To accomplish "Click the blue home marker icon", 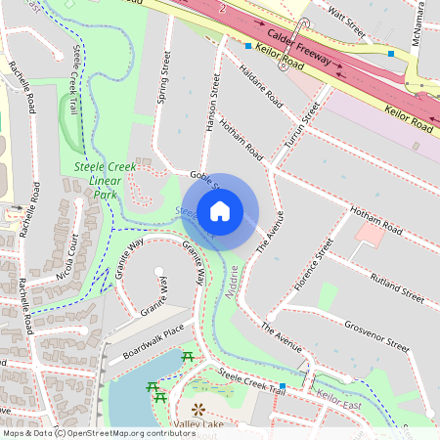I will coord(220,210).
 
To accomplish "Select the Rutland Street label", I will coord(396,285).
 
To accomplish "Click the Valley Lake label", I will coord(200,426).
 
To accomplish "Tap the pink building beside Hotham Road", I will coord(370,234).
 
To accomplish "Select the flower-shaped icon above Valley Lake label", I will coord(199,409).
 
